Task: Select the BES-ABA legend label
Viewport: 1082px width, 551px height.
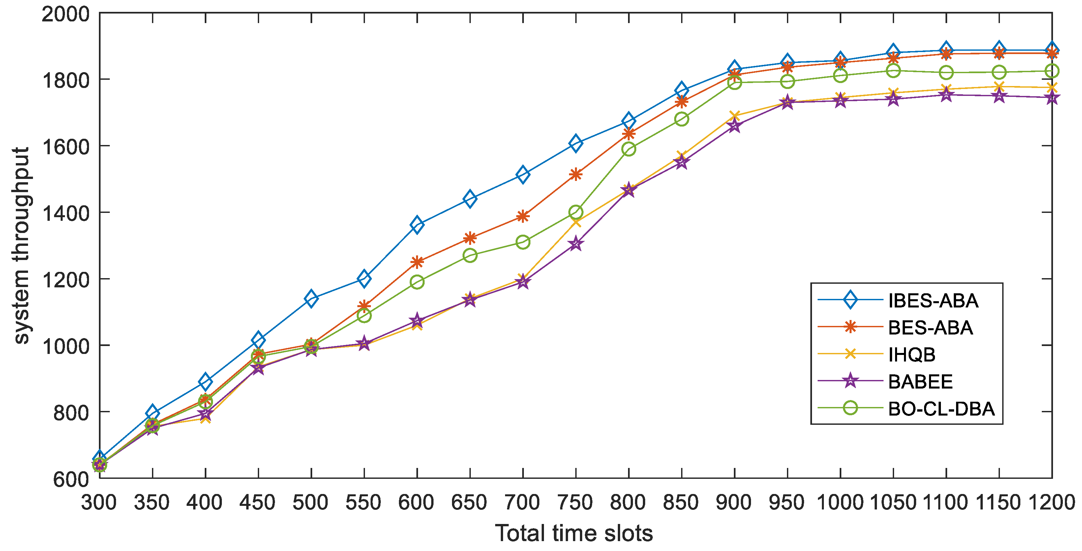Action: pyautogui.click(x=930, y=328)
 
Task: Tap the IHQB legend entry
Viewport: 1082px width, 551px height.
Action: pyautogui.click(x=912, y=355)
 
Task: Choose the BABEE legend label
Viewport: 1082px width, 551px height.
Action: pyautogui.click(x=920, y=382)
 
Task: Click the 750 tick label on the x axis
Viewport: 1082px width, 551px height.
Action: pyautogui.click(x=575, y=502)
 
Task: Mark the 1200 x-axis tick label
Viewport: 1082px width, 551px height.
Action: pyautogui.click(x=1051, y=502)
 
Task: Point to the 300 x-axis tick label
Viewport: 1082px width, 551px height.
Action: pyautogui.click(x=99, y=502)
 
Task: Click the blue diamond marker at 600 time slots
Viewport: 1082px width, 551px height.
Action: pyautogui.click(x=417, y=225)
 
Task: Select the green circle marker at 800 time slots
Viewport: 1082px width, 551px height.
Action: pyautogui.click(x=629, y=149)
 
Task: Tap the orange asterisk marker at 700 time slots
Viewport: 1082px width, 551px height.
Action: pyautogui.click(x=523, y=217)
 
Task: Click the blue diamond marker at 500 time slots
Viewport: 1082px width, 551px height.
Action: pyautogui.click(x=311, y=299)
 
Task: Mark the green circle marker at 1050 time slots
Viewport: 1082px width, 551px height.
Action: pyautogui.click(x=893, y=71)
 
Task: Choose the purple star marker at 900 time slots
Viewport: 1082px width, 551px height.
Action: pyautogui.click(x=735, y=125)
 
